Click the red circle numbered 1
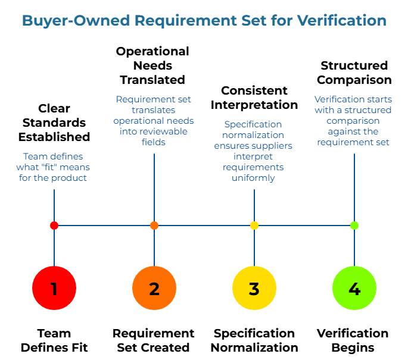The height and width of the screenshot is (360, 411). coord(54,289)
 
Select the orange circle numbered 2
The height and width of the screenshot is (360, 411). coord(154,289)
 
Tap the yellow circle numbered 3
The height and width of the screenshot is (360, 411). coord(254,289)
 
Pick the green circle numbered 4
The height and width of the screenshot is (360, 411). coord(354,289)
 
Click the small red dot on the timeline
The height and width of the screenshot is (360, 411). coord(54,226)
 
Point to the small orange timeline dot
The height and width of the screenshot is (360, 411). coord(154,226)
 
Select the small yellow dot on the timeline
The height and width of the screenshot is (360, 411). coord(254,226)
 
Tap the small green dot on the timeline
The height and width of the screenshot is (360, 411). coord(354,226)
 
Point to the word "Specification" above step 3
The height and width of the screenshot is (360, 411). coord(253,124)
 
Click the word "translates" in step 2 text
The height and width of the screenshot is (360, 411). coord(154,110)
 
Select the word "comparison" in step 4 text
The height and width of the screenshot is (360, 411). coord(354,121)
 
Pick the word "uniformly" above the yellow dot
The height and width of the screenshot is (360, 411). coord(253,178)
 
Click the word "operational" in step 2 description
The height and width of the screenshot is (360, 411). coord(138,121)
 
